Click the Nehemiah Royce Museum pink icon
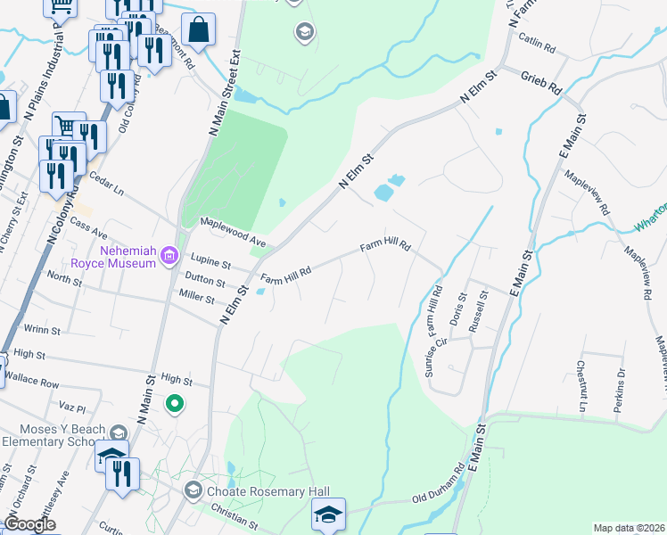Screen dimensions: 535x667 tap(169, 259)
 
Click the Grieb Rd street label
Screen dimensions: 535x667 tap(541, 83)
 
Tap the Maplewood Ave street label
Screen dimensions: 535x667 tap(233, 231)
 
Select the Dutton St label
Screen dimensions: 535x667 tap(204, 282)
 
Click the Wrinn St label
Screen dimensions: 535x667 tap(43, 330)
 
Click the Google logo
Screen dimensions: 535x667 tap(30, 524)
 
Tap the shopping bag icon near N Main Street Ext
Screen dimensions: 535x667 tap(200, 29)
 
